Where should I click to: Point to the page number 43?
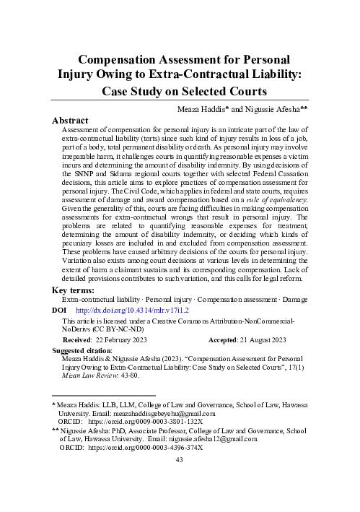point(180,499)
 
